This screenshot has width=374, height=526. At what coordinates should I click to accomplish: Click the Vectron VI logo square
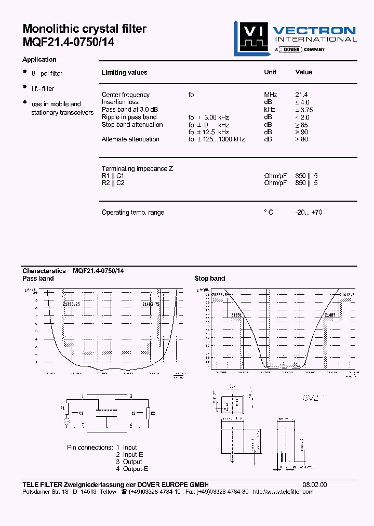(251, 37)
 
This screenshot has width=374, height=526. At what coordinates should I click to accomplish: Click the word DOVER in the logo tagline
(291, 49)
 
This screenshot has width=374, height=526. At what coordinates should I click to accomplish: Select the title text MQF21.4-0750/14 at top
(68, 43)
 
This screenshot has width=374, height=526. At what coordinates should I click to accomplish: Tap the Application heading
(39, 60)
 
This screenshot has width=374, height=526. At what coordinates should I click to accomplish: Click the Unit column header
(270, 72)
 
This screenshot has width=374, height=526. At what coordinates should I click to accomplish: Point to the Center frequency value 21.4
(301, 95)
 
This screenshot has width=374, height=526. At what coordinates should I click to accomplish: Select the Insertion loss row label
(120, 102)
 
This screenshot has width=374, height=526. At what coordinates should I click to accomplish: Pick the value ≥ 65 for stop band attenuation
(301, 125)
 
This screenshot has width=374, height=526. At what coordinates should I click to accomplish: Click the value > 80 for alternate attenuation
(301, 139)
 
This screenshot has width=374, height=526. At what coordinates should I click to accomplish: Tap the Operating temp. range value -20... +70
(309, 213)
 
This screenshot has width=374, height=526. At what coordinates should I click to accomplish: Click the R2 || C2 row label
(113, 183)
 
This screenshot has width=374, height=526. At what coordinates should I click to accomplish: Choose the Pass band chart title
(38, 279)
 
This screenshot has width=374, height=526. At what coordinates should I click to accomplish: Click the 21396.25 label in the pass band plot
(70, 304)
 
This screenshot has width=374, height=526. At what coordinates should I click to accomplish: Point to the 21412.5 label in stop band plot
(348, 295)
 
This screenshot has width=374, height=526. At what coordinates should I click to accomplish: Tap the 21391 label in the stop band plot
(236, 315)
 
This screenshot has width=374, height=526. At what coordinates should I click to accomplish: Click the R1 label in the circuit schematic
(63, 408)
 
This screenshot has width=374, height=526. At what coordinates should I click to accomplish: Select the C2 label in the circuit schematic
(133, 413)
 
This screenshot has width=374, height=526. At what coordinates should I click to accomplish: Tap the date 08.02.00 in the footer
(315, 485)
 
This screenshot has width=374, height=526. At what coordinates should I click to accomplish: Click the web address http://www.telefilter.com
(283, 492)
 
